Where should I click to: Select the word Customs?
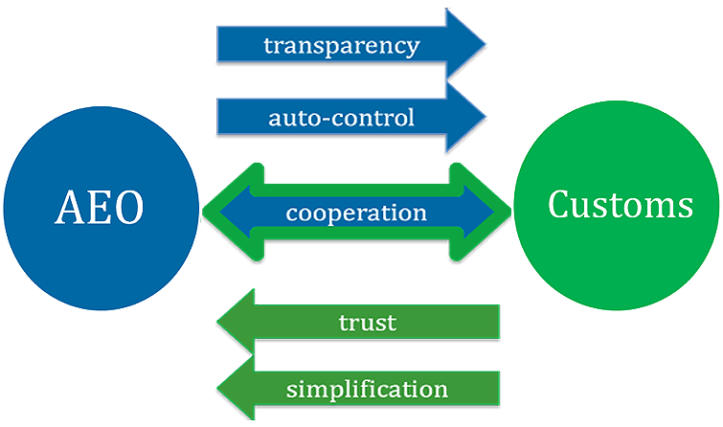620,205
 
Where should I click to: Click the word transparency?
342,45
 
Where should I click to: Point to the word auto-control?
342,119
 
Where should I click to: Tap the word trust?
368,323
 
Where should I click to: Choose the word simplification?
367,389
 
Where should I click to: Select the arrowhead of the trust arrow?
236,324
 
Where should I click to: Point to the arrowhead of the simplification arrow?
236,390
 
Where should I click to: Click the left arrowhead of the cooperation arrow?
227,212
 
